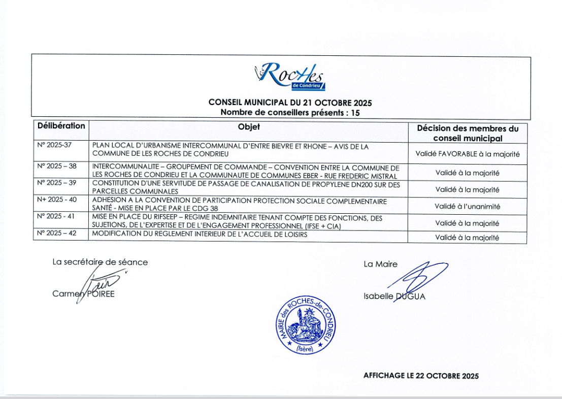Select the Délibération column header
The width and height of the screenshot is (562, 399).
click(61, 126)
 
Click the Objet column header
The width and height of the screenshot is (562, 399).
click(249, 126)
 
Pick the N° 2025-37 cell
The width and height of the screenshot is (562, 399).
click(55, 145)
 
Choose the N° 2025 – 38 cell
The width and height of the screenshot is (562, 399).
click(57, 166)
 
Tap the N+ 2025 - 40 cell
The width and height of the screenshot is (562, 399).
click(57, 199)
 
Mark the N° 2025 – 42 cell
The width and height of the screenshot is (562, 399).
click(57, 234)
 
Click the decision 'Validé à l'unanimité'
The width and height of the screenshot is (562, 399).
click(467, 207)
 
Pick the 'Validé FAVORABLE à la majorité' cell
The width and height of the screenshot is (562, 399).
click(467, 153)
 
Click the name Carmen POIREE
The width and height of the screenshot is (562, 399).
click(83, 294)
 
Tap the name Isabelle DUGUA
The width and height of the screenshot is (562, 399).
click(394, 297)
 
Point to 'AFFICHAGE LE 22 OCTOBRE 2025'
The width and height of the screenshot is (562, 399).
click(421, 376)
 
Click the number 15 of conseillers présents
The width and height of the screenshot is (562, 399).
click(355, 113)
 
